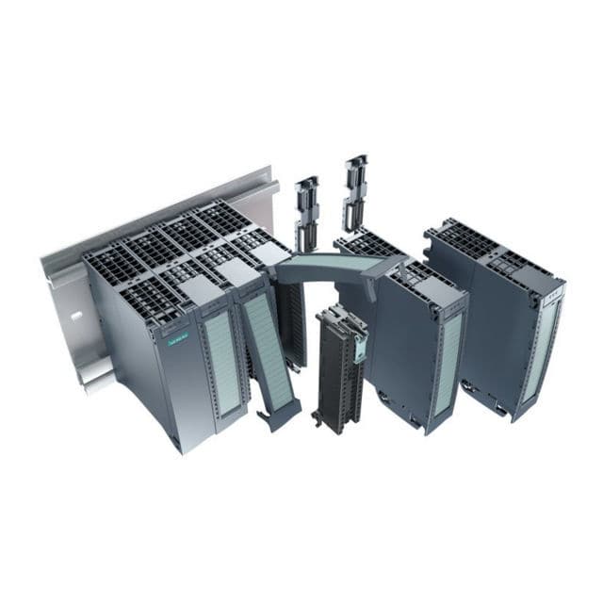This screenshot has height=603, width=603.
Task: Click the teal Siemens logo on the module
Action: [x=178, y=340]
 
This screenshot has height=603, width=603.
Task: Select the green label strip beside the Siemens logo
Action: [x=222, y=362]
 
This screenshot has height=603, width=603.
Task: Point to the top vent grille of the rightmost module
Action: [x=462, y=240]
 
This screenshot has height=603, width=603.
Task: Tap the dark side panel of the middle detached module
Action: [x=400, y=349]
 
